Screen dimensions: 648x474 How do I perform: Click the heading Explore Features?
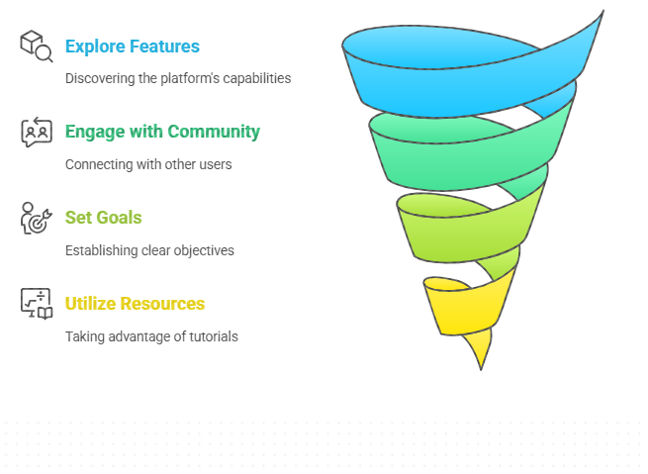[133, 47]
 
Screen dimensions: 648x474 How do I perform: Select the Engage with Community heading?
[162, 132]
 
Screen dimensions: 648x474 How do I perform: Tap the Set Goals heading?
[103, 218]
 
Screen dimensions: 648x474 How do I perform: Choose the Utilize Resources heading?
[135, 304]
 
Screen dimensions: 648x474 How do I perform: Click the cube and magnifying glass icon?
[37, 46]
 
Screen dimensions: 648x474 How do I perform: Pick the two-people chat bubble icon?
[37, 132]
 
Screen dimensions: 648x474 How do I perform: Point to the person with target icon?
[36, 218]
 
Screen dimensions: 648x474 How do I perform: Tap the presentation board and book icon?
[37, 304]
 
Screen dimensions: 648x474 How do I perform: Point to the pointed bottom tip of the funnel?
[481, 370]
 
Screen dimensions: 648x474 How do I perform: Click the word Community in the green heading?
[214, 132]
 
